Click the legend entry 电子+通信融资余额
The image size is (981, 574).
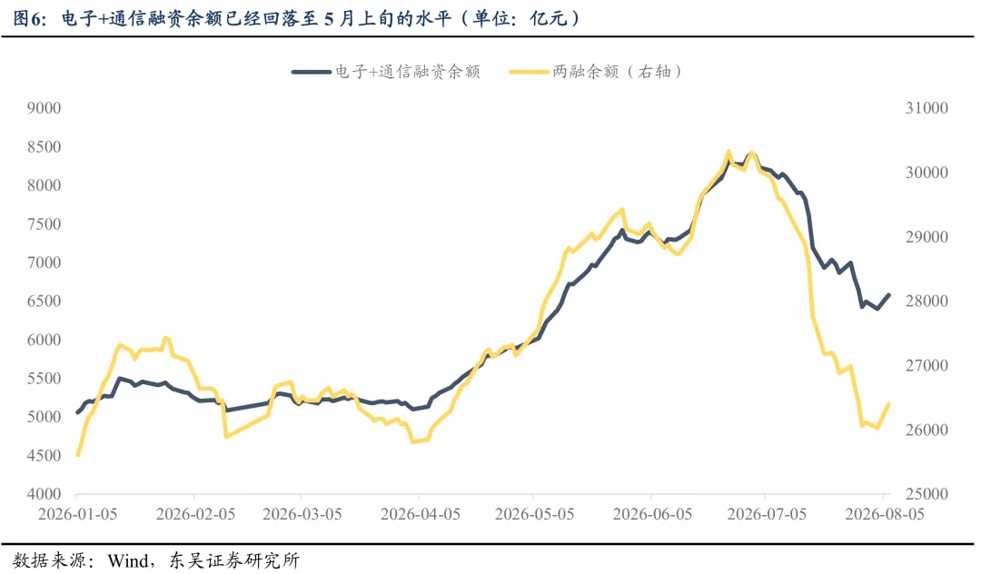[386, 72]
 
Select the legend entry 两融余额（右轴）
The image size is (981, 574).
[596, 72]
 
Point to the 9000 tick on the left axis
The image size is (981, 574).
[44, 108]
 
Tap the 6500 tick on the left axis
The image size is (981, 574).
[44, 301]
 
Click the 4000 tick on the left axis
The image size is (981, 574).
[44, 494]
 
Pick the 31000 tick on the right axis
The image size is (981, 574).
[926, 108]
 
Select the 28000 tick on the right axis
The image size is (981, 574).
[926, 301]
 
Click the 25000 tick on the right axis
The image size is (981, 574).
[926, 494]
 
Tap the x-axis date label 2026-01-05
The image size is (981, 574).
[77, 514]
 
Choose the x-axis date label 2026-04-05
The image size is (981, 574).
[421, 514]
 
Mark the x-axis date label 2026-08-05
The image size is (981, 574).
[885, 514]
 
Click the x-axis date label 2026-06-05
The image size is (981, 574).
[652, 514]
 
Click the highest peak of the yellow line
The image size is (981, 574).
[728, 152]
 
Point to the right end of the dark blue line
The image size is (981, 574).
[889, 295]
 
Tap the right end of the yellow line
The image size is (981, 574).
[889, 404]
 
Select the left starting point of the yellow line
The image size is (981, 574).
[77, 455]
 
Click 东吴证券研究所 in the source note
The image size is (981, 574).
[234, 559]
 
